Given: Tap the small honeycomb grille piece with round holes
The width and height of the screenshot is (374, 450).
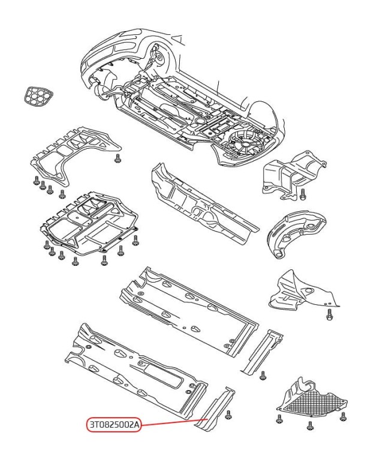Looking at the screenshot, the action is (x=39, y=97).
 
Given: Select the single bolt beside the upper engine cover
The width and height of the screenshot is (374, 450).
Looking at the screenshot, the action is (x=117, y=158).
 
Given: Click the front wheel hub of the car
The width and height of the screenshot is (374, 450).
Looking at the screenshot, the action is (x=158, y=57).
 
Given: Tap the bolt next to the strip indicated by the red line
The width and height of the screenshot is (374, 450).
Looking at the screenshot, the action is (x=228, y=415).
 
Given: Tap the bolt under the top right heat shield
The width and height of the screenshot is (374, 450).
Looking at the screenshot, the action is (x=303, y=194).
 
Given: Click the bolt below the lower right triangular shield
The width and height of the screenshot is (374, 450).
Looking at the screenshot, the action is (x=329, y=315).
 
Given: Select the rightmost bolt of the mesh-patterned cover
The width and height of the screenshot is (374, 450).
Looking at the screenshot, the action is (x=343, y=416).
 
